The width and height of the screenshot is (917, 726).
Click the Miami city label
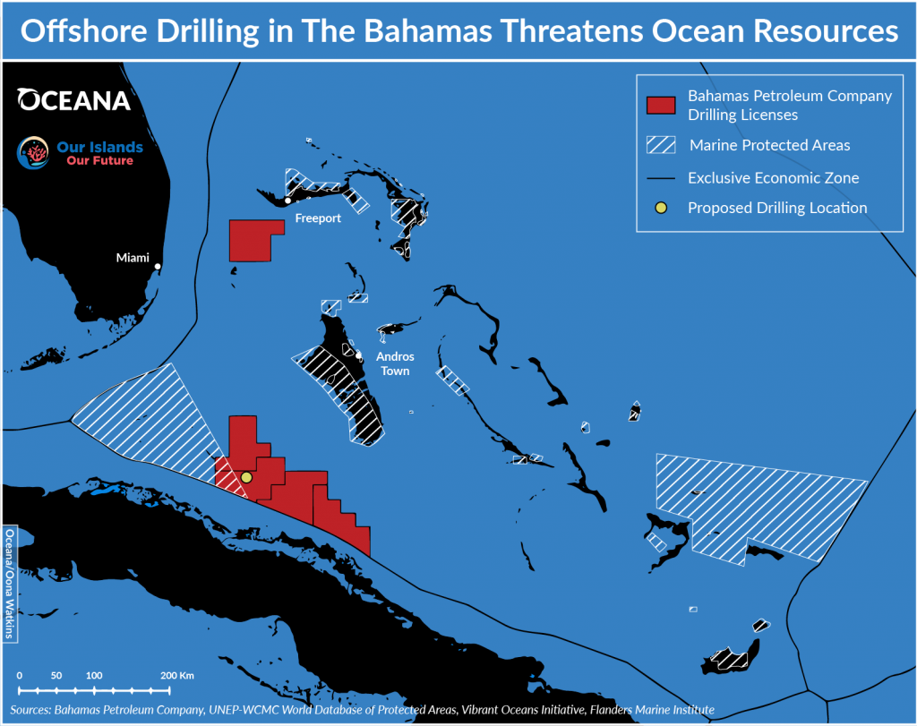click(133, 258)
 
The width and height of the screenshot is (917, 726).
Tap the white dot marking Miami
click(159, 266)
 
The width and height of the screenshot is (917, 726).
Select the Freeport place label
click(317, 218)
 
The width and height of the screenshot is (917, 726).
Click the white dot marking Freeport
click(287, 201)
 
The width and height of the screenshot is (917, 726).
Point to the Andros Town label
click(395, 363)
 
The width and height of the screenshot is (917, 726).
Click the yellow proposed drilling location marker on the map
click(247, 478)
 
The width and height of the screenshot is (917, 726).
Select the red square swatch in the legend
click(659, 105)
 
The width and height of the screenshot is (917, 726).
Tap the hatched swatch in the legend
click(659, 145)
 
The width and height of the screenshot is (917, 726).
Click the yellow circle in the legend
click(659, 208)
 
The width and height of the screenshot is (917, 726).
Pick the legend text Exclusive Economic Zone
click(773, 177)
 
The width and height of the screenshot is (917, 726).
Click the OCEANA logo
click(74, 99)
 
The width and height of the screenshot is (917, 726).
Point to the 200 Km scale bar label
click(177, 675)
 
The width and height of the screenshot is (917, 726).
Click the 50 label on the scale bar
click(56, 675)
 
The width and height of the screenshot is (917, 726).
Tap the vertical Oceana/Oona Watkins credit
click(10, 584)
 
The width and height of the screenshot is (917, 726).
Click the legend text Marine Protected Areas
click(769, 145)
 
